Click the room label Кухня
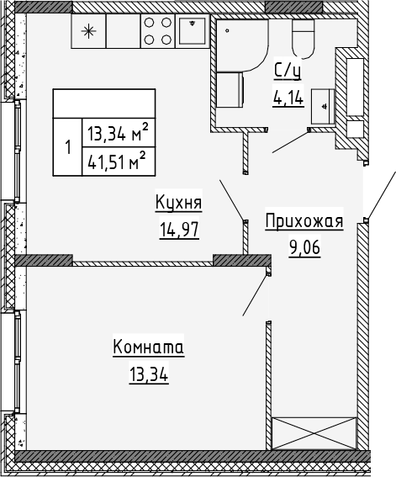178,203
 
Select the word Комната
148,347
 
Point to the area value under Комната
148,374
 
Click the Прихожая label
304,221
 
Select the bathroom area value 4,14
288,97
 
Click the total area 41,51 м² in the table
116,160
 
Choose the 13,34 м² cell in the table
116,131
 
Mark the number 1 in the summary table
67,146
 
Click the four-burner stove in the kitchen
156,32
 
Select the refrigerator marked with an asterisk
87,32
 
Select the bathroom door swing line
288,141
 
